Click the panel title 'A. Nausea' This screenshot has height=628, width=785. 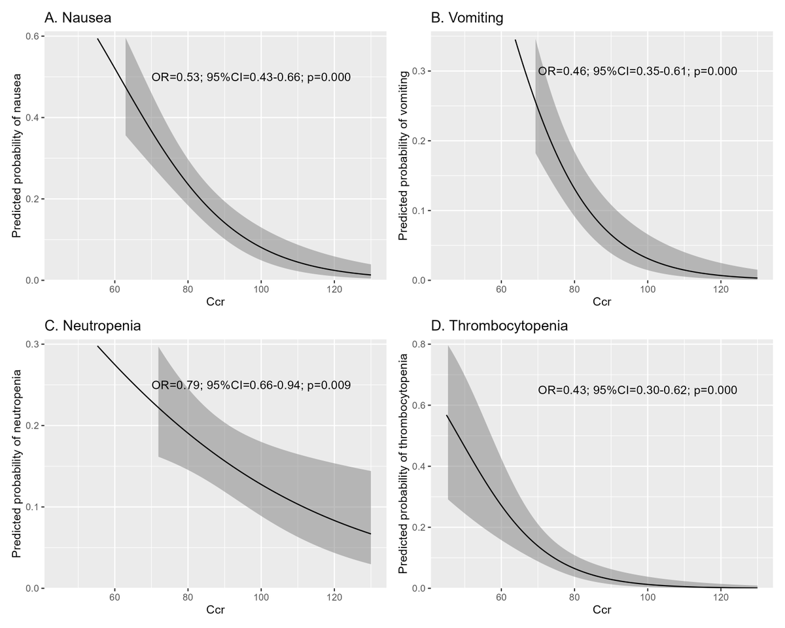point(78,18)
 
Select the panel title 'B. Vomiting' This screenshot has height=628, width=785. point(467,18)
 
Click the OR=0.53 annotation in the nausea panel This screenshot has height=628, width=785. point(251,77)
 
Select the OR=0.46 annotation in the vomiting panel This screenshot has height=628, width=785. point(638,71)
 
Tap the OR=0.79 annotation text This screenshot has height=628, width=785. point(251,385)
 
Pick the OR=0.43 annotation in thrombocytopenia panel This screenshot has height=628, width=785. point(638,391)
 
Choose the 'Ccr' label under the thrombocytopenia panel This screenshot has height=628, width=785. point(602,610)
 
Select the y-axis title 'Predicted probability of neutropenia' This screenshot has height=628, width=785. point(17,464)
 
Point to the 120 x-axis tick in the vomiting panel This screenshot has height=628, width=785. point(721,289)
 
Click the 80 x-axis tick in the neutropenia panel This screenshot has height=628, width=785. point(188,597)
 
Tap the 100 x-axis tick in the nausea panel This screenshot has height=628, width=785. point(261,289)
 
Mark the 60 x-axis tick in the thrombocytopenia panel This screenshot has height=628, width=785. point(501,597)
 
